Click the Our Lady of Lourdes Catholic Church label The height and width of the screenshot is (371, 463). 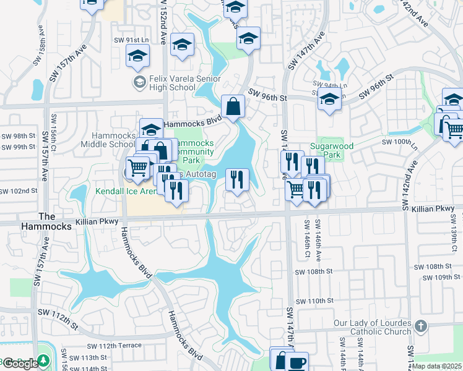pyautogui.click(x=373, y=327)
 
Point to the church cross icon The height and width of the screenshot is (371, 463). pyautogui.click(x=421, y=325)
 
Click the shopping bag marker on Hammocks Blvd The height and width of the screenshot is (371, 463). pyautogui.click(x=233, y=106)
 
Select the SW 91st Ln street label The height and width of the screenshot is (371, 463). pyautogui.click(x=132, y=40)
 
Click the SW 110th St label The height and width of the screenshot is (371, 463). pyautogui.click(x=314, y=301)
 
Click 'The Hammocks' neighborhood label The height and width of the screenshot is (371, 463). pyautogui.click(x=55, y=221)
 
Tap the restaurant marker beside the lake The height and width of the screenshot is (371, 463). pyautogui.click(x=237, y=180)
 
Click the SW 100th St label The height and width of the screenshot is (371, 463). pyautogui.click(x=397, y=142)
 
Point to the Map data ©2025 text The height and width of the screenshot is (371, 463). pyautogui.click(x=437, y=366)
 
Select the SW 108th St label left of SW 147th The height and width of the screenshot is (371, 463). pyautogui.click(x=314, y=271)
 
